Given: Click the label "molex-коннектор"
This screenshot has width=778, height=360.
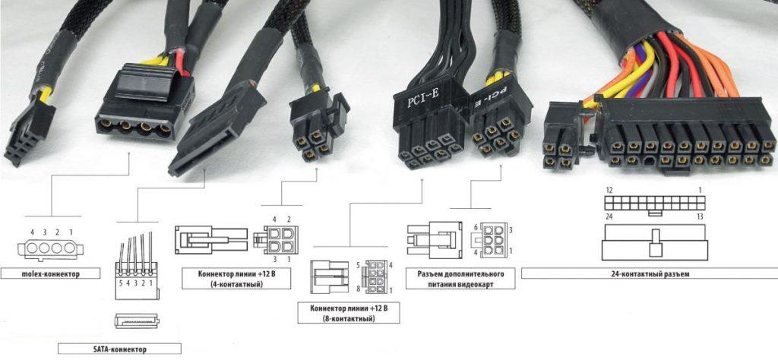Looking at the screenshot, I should click(x=50, y=271).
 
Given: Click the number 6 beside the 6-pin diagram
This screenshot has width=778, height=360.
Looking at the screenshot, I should click(x=476, y=228).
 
